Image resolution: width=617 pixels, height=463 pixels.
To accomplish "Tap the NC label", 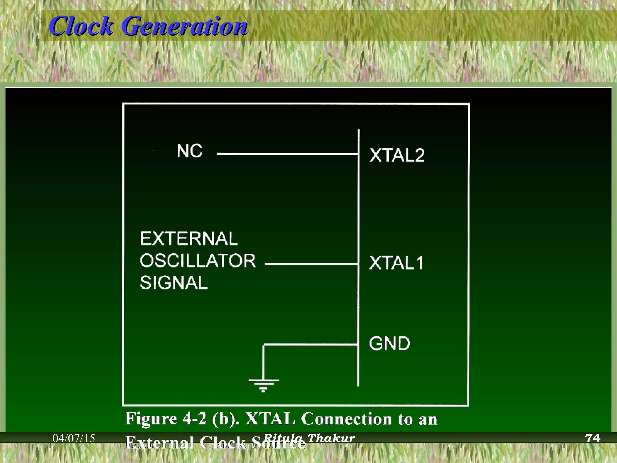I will (x=189, y=151).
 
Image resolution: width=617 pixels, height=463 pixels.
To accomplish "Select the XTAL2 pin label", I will (x=397, y=156).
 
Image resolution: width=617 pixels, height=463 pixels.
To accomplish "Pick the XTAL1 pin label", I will (x=396, y=263).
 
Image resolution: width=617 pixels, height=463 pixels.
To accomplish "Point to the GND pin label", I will (x=390, y=344).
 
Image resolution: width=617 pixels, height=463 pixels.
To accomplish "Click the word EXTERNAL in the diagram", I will (x=189, y=239).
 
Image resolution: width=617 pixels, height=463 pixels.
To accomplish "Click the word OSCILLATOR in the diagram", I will (x=198, y=261).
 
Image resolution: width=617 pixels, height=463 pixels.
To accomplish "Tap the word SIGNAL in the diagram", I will (x=174, y=283).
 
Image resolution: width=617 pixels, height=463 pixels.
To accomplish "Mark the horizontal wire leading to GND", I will (x=310, y=345).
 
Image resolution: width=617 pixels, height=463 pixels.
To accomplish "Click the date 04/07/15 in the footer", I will (x=74, y=438).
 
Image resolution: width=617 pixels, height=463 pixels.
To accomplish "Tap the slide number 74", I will (x=592, y=438).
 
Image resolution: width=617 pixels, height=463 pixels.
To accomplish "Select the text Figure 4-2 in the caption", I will (x=166, y=419).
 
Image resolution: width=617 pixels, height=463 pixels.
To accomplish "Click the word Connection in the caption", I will (x=346, y=419).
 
